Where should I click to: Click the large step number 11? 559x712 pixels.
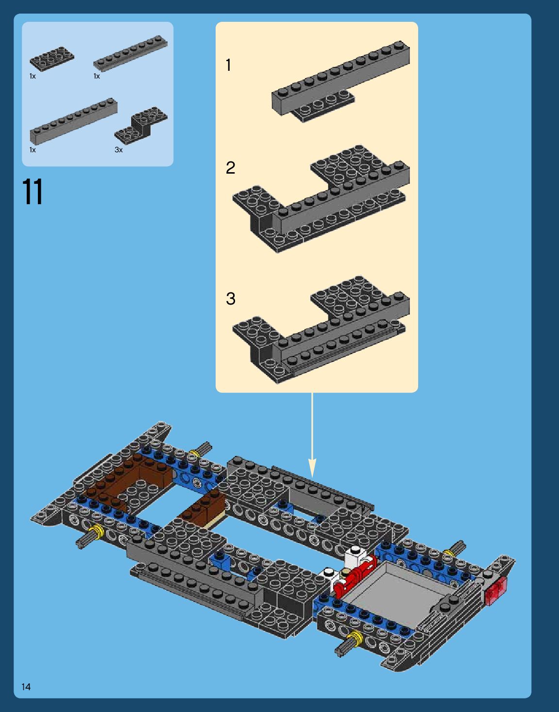click(x=33, y=192)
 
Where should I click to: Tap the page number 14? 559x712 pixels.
click(x=26, y=686)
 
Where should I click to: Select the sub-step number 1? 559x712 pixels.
click(x=228, y=65)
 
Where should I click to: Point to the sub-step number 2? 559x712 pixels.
click(x=230, y=168)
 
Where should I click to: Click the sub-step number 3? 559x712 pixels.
click(x=230, y=298)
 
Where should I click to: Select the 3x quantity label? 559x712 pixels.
click(x=119, y=150)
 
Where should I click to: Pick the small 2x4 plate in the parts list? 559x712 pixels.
click(x=51, y=58)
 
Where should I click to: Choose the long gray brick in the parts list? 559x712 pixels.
click(x=73, y=121)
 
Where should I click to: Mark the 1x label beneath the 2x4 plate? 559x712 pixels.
click(x=33, y=76)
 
